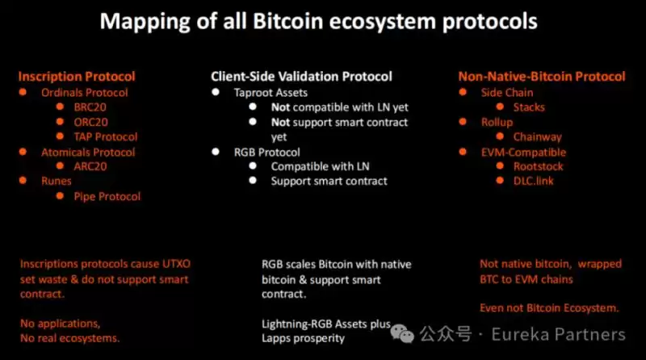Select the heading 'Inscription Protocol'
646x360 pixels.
point(77,77)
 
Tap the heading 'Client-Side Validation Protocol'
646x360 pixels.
point(301,77)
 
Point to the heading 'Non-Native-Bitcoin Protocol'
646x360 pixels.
point(542,77)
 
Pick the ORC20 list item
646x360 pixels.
point(92,122)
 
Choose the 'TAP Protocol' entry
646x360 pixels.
point(106,137)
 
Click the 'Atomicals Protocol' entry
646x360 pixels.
point(88,152)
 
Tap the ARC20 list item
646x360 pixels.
point(91,166)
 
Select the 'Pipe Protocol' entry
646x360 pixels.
point(107,196)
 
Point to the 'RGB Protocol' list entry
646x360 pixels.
point(266,152)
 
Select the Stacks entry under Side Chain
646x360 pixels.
point(529,107)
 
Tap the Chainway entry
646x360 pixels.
point(537,137)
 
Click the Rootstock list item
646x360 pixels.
point(539,166)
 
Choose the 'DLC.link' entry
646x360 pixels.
point(533,181)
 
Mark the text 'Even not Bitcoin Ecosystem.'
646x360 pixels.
point(549,308)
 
